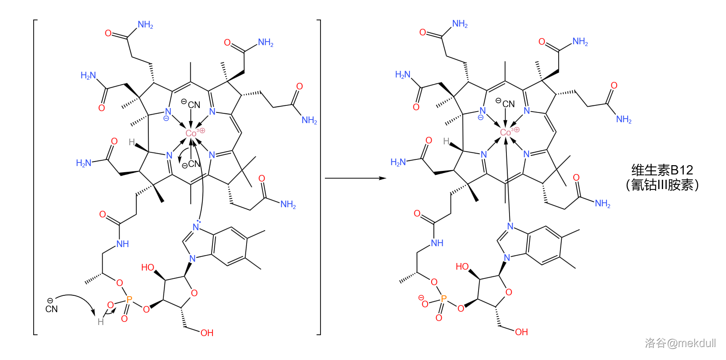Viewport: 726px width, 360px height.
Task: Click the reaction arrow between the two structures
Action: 355,178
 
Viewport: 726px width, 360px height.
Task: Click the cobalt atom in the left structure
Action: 191,133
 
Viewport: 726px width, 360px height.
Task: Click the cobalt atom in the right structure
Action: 506,132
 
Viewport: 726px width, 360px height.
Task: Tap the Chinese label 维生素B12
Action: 662,170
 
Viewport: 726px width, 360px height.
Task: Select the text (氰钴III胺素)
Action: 662,185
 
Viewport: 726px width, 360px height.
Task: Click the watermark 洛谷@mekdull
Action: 680,343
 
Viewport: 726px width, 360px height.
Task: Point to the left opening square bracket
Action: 35,177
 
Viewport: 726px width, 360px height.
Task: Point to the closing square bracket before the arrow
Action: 319,177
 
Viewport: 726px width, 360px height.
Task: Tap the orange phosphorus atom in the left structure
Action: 129,299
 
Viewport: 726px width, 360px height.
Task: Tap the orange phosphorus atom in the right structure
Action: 444,299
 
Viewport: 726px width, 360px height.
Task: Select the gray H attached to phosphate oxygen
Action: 101,321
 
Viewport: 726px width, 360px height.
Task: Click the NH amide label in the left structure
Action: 122,244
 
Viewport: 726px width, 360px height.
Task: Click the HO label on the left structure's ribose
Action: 147,267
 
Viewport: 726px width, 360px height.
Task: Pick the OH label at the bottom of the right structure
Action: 521,332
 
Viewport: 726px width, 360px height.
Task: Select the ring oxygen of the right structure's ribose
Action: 509,292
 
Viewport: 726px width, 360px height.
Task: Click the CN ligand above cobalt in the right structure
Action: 508,104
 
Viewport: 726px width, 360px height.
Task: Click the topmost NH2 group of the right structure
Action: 460,24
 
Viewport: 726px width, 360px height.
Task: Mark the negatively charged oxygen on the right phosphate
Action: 425,304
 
